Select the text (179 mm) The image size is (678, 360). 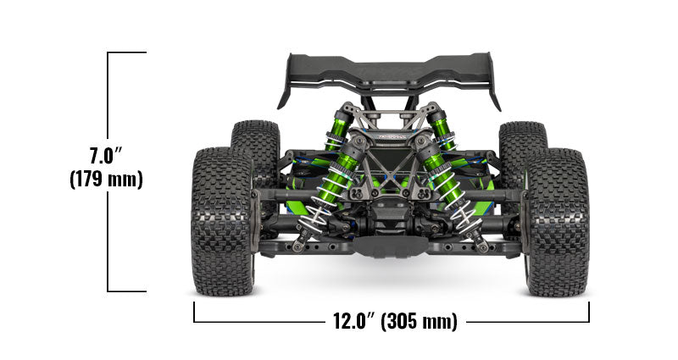coord(107,180)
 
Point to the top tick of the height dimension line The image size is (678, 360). coord(127,53)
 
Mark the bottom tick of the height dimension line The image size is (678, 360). coord(127,291)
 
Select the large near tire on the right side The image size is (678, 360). coord(558,222)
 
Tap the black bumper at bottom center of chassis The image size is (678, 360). coord(392,245)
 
